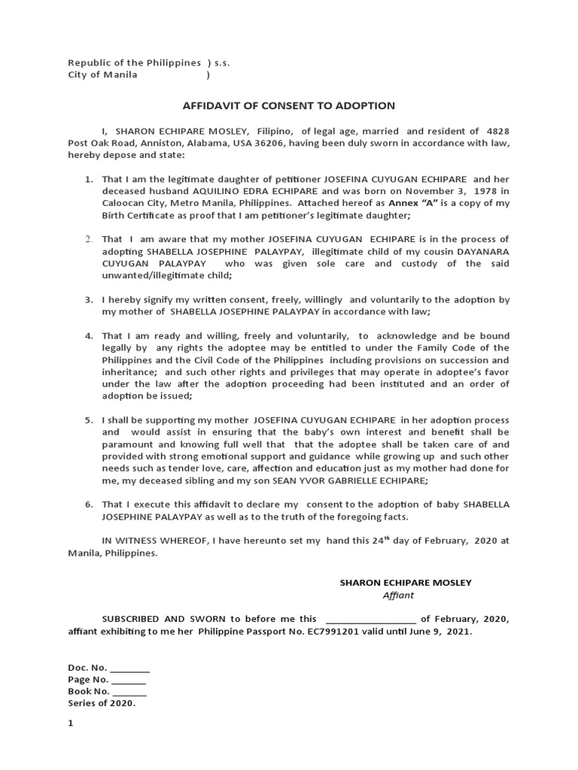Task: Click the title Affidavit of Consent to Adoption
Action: click(289, 106)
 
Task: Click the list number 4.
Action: click(88, 335)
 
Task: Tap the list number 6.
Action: click(88, 504)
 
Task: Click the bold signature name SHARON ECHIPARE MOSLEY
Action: click(406, 583)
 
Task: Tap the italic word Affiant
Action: click(399, 595)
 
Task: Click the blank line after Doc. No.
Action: click(130, 668)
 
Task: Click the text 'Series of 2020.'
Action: click(102, 703)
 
